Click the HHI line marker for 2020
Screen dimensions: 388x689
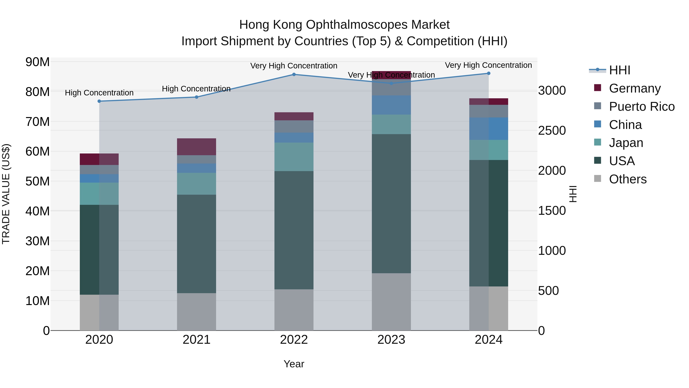coord(99,101)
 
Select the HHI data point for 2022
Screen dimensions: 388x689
coord(294,75)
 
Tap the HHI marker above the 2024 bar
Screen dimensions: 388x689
coord(489,73)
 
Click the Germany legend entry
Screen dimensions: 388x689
coord(635,88)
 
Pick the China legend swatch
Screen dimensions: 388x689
coord(598,124)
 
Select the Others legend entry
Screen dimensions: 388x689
coord(628,179)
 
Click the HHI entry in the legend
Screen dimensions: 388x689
coord(620,70)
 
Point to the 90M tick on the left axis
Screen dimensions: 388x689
coord(38,62)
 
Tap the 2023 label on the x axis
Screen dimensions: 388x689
coord(391,340)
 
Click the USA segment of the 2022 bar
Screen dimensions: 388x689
coord(294,230)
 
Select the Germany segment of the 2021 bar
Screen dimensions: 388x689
coord(197,147)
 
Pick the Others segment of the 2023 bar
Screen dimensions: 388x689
coord(391,302)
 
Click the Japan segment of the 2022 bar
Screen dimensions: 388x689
coord(294,157)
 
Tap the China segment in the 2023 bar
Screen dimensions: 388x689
coord(391,105)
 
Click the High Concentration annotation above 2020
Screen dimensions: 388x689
coord(99,93)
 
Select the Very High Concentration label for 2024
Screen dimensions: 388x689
coord(488,65)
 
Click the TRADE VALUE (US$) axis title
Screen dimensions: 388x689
coord(6,194)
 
